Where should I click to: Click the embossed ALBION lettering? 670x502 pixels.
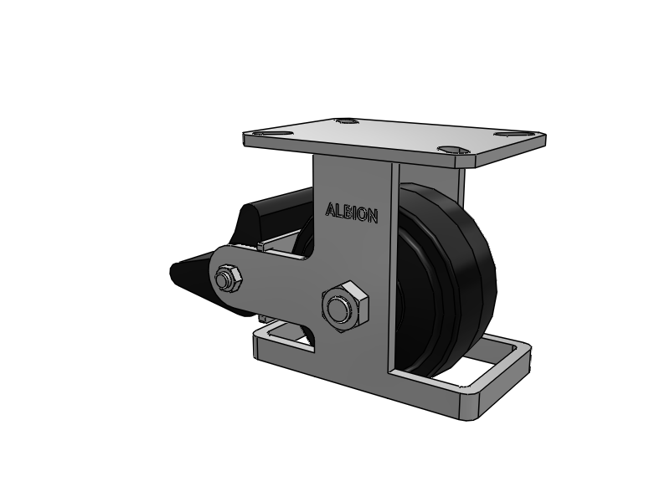click(352, 213)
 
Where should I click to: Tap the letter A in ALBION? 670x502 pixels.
click(330, 209)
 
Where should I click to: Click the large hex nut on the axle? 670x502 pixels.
click(345, 306)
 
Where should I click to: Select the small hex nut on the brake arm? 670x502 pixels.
click(228, 279)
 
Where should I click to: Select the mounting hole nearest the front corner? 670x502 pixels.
click(451, 150)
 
